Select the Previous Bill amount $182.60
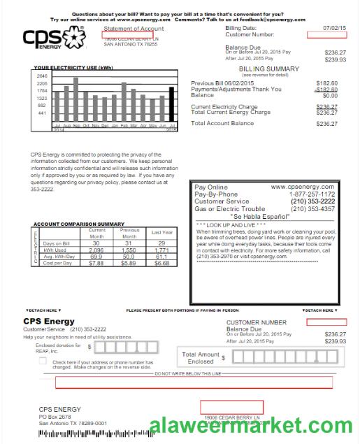point(326,83)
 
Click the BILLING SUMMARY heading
point(268,69)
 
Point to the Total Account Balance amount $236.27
point(326,124)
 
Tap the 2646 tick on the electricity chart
point(41,76)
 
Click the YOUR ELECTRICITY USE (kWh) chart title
point(73,68)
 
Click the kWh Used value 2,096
point(96,250)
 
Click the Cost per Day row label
point(57,263)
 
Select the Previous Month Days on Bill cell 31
point(129,243)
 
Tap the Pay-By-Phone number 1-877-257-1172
point(312,194)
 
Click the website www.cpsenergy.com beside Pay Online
point(303,187)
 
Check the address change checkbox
point(43,361)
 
